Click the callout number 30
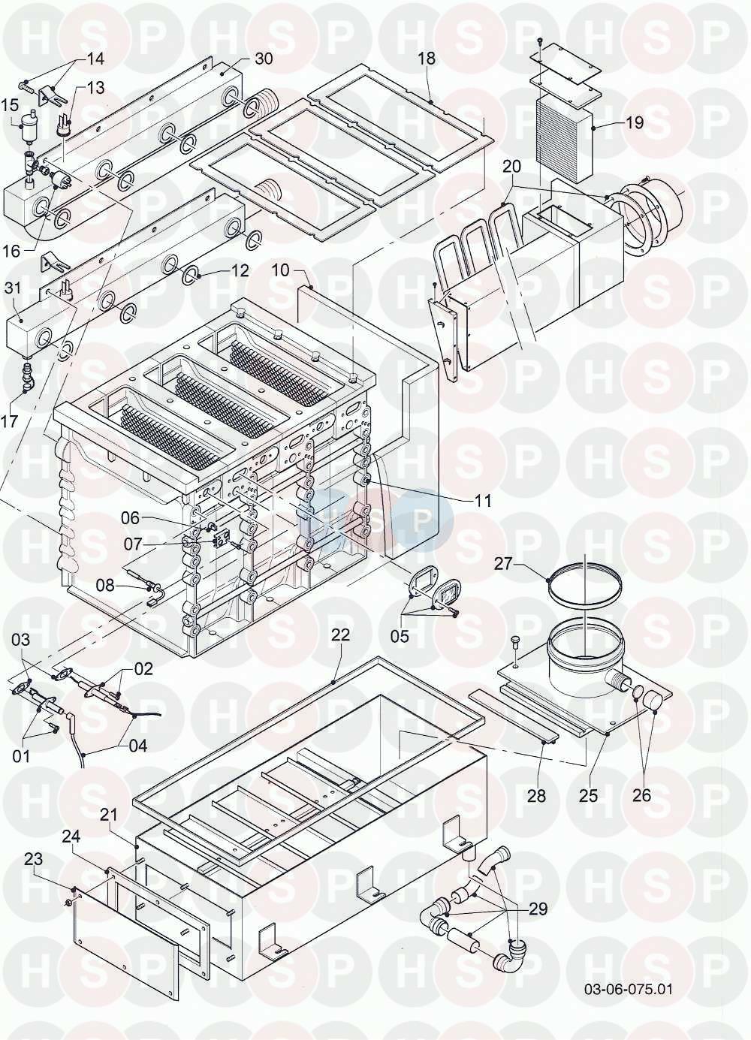point(264,59)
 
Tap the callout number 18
point(427,59)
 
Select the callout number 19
point(635,123)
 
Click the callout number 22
point(340,635)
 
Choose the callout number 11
point(483,501)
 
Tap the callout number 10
point(281,270)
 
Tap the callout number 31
point(13,288)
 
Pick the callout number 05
point(400,635)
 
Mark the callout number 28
point(536,795)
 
